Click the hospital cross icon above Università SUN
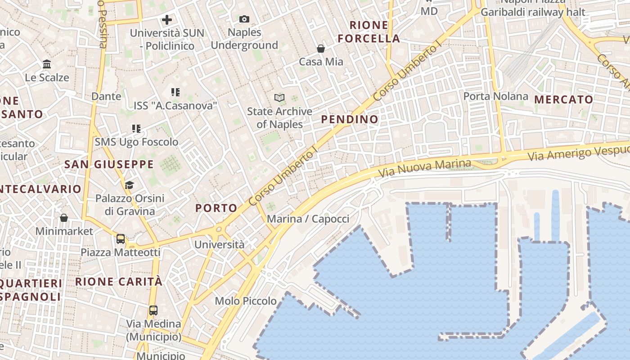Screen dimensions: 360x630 (167, 20)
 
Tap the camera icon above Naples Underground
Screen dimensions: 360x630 (244, 19)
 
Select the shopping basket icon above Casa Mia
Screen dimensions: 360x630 (321, 49)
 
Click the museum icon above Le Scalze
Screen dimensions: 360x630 (47, 64)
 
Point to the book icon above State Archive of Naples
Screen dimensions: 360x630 (279, 98)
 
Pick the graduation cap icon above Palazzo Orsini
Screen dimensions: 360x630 (129, 185)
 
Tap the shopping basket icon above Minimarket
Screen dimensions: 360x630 (64, 218)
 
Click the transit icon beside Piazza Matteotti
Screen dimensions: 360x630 (121, 239)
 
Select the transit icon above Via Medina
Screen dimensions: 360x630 (153, 310)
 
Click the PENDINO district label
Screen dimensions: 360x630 (350, 119)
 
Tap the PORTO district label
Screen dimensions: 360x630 (216, 208)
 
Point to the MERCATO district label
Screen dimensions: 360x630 (563, 99)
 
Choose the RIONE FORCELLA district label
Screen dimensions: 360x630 (369, 32)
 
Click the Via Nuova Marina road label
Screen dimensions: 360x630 (424, 168)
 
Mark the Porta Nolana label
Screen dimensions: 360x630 (495, 96)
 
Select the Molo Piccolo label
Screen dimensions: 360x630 (246, 301)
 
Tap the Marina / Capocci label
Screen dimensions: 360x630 (308, 219)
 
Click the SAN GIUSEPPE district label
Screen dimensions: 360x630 (109, 164)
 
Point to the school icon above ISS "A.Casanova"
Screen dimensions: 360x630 (175, 93)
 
